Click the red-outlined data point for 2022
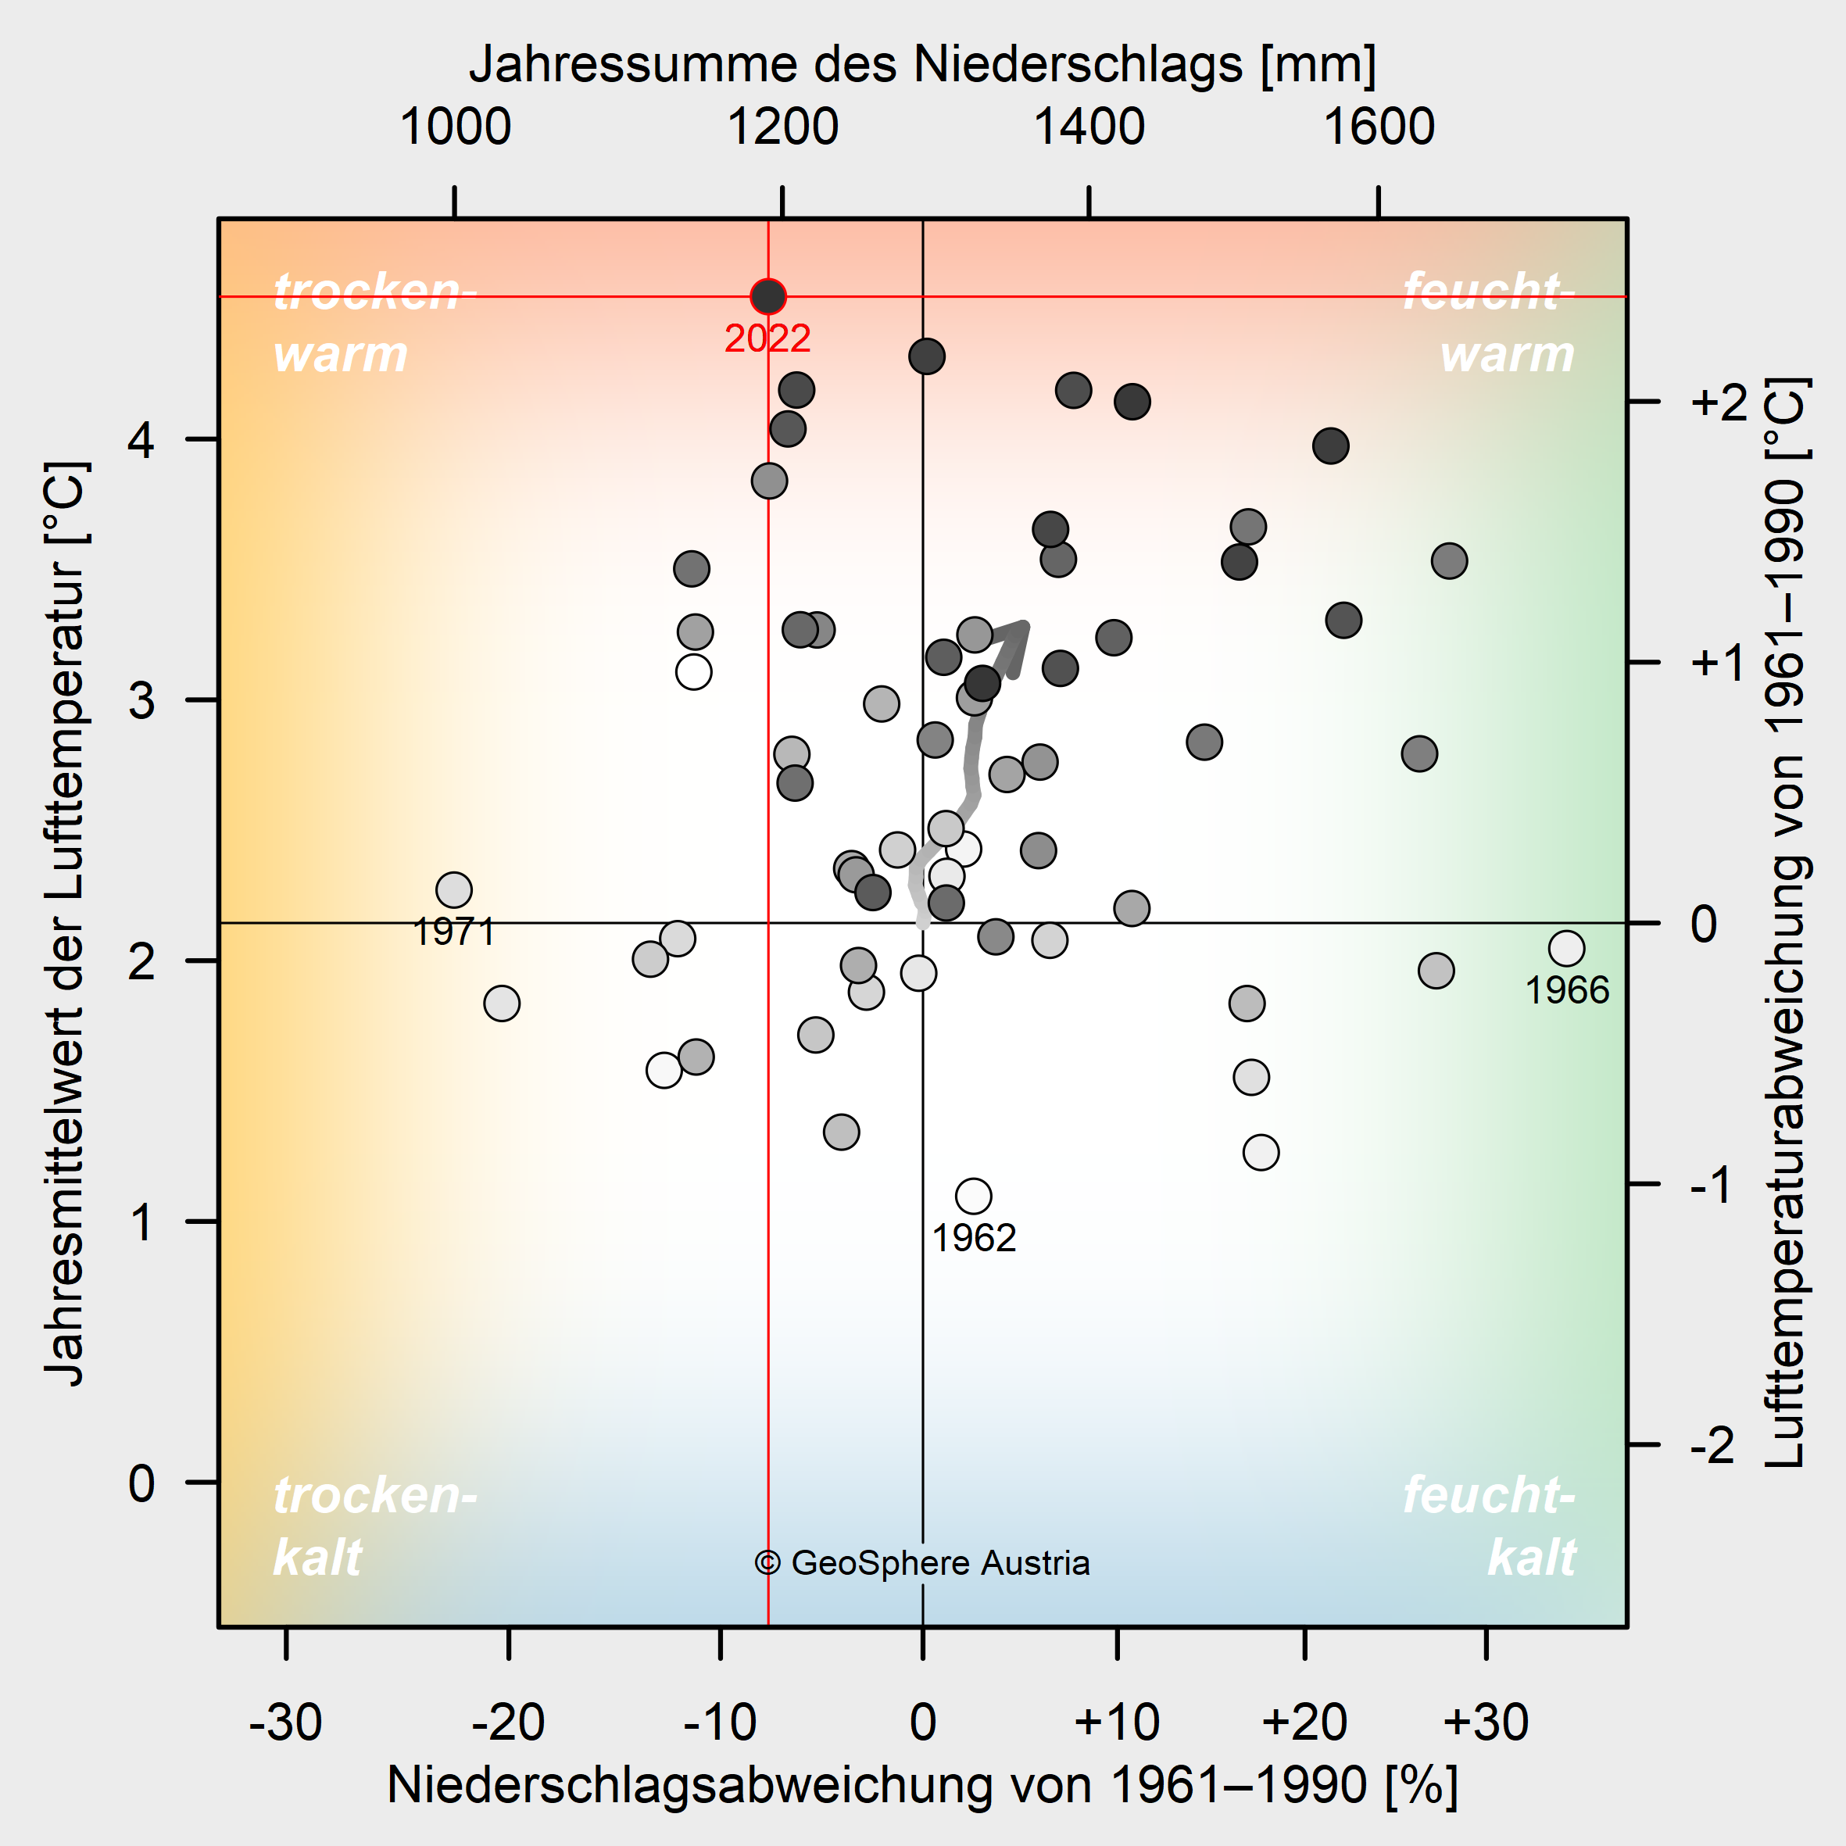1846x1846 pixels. (x=768, y=296)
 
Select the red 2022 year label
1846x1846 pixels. (x=767, y=338)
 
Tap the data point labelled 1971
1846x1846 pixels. (x=454, y=889)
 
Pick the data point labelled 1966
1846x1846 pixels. (x=1567, y=949)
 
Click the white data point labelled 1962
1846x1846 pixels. (x=973, y=1195)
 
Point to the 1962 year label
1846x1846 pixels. (x=974, y=1238)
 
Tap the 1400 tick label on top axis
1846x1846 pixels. (x=1089, y=127)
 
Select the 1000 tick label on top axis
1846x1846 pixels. (x=455, y=127)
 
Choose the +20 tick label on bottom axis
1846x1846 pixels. (x=1304, y=1723)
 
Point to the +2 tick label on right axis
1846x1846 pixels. (x=1718, y=402)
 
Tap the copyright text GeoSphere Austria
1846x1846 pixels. (x=922, y=1562)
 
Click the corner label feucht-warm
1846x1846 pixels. (x=1489, y=323)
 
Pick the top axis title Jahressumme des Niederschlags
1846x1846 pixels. (x=922, y=65)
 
